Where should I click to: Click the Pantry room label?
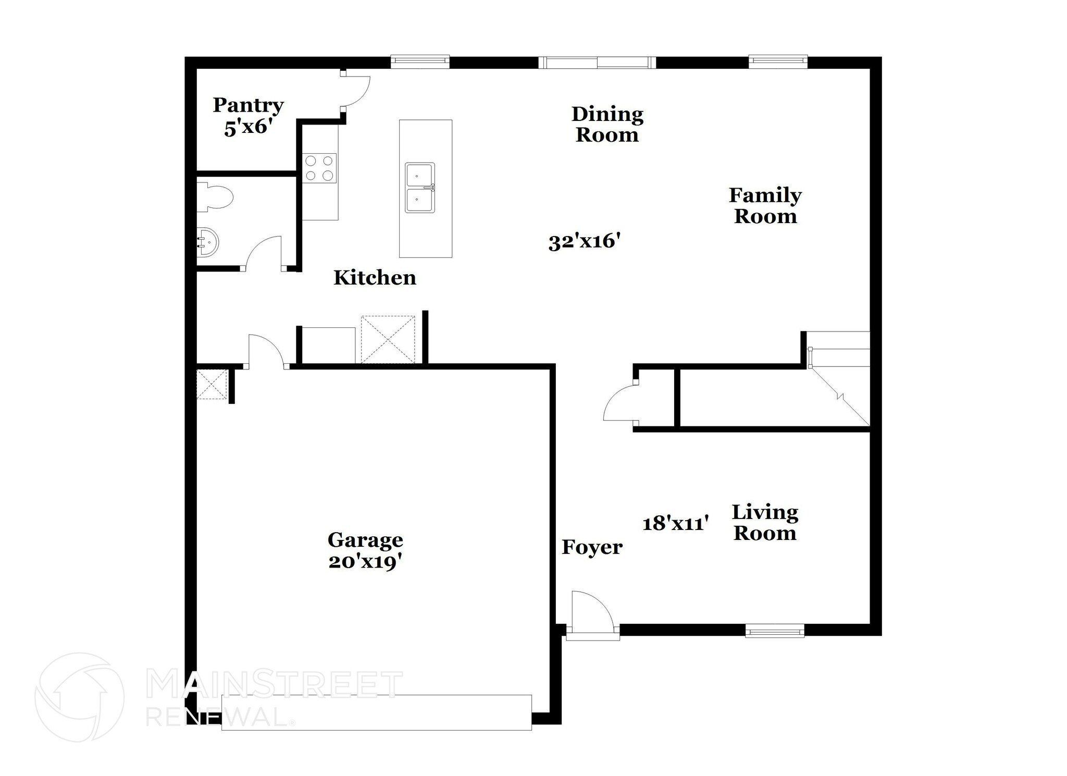(x=248, y=105)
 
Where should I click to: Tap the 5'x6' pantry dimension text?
(x=249, y=127)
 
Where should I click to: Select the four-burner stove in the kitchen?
(x=319, y=168)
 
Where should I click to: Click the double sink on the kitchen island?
(x=420, y=188)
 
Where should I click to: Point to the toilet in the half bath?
(x=216, y=197)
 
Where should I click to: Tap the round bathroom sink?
(x=208, y=242)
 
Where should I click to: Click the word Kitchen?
(x=375, y=278)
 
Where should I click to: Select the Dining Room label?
(x=607, y=125)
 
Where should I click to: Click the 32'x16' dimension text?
(x=585, y=242)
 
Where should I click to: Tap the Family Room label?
(x=765, y=206)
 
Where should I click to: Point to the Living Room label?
(x=765, y=523)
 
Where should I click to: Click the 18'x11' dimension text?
(x=675, y=523)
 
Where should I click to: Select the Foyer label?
(x=592, y=547)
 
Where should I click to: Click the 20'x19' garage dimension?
(x=365, y=562)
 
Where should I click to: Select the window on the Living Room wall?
(x=774, y=631)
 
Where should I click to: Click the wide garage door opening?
(x=376, y=712)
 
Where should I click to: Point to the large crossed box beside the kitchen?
(x=388, y=339)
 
